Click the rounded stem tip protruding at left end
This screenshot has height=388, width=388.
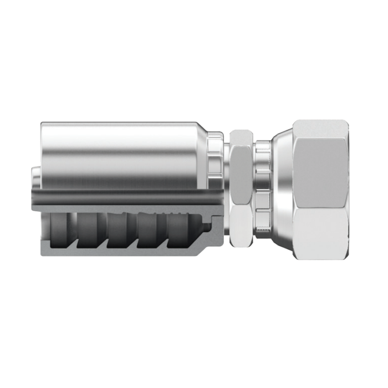pyautogui.click(x=35, y=178)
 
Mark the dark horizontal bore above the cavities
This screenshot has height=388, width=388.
pyautogui.click(x=127, y=197)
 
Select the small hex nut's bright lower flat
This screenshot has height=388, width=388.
pyautogui.click(x=241, y=227)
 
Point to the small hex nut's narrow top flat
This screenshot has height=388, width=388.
pyautogui.click(x=241, y=136)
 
